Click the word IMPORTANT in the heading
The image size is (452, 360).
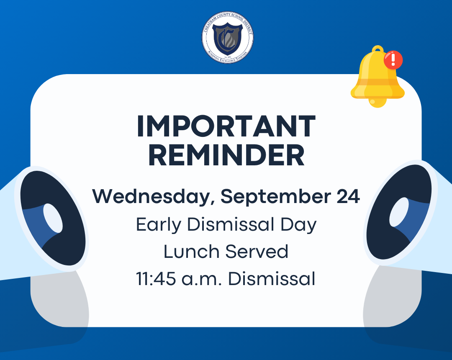(226, 126)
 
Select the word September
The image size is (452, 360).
(275, 197)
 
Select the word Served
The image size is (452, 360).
(257, 251)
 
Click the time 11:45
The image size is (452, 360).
(156, 279)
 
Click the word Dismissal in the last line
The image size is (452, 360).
(272, 279)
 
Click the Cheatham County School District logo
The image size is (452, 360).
(227, 38)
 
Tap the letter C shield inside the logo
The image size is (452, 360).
(227, 39)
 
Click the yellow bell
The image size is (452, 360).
(378, 76)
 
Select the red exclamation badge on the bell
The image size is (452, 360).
(393, 60)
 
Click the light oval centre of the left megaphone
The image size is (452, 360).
(53, 218)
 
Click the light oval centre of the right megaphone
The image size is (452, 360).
(399, 212)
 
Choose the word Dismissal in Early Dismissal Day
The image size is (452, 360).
(231, 224)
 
